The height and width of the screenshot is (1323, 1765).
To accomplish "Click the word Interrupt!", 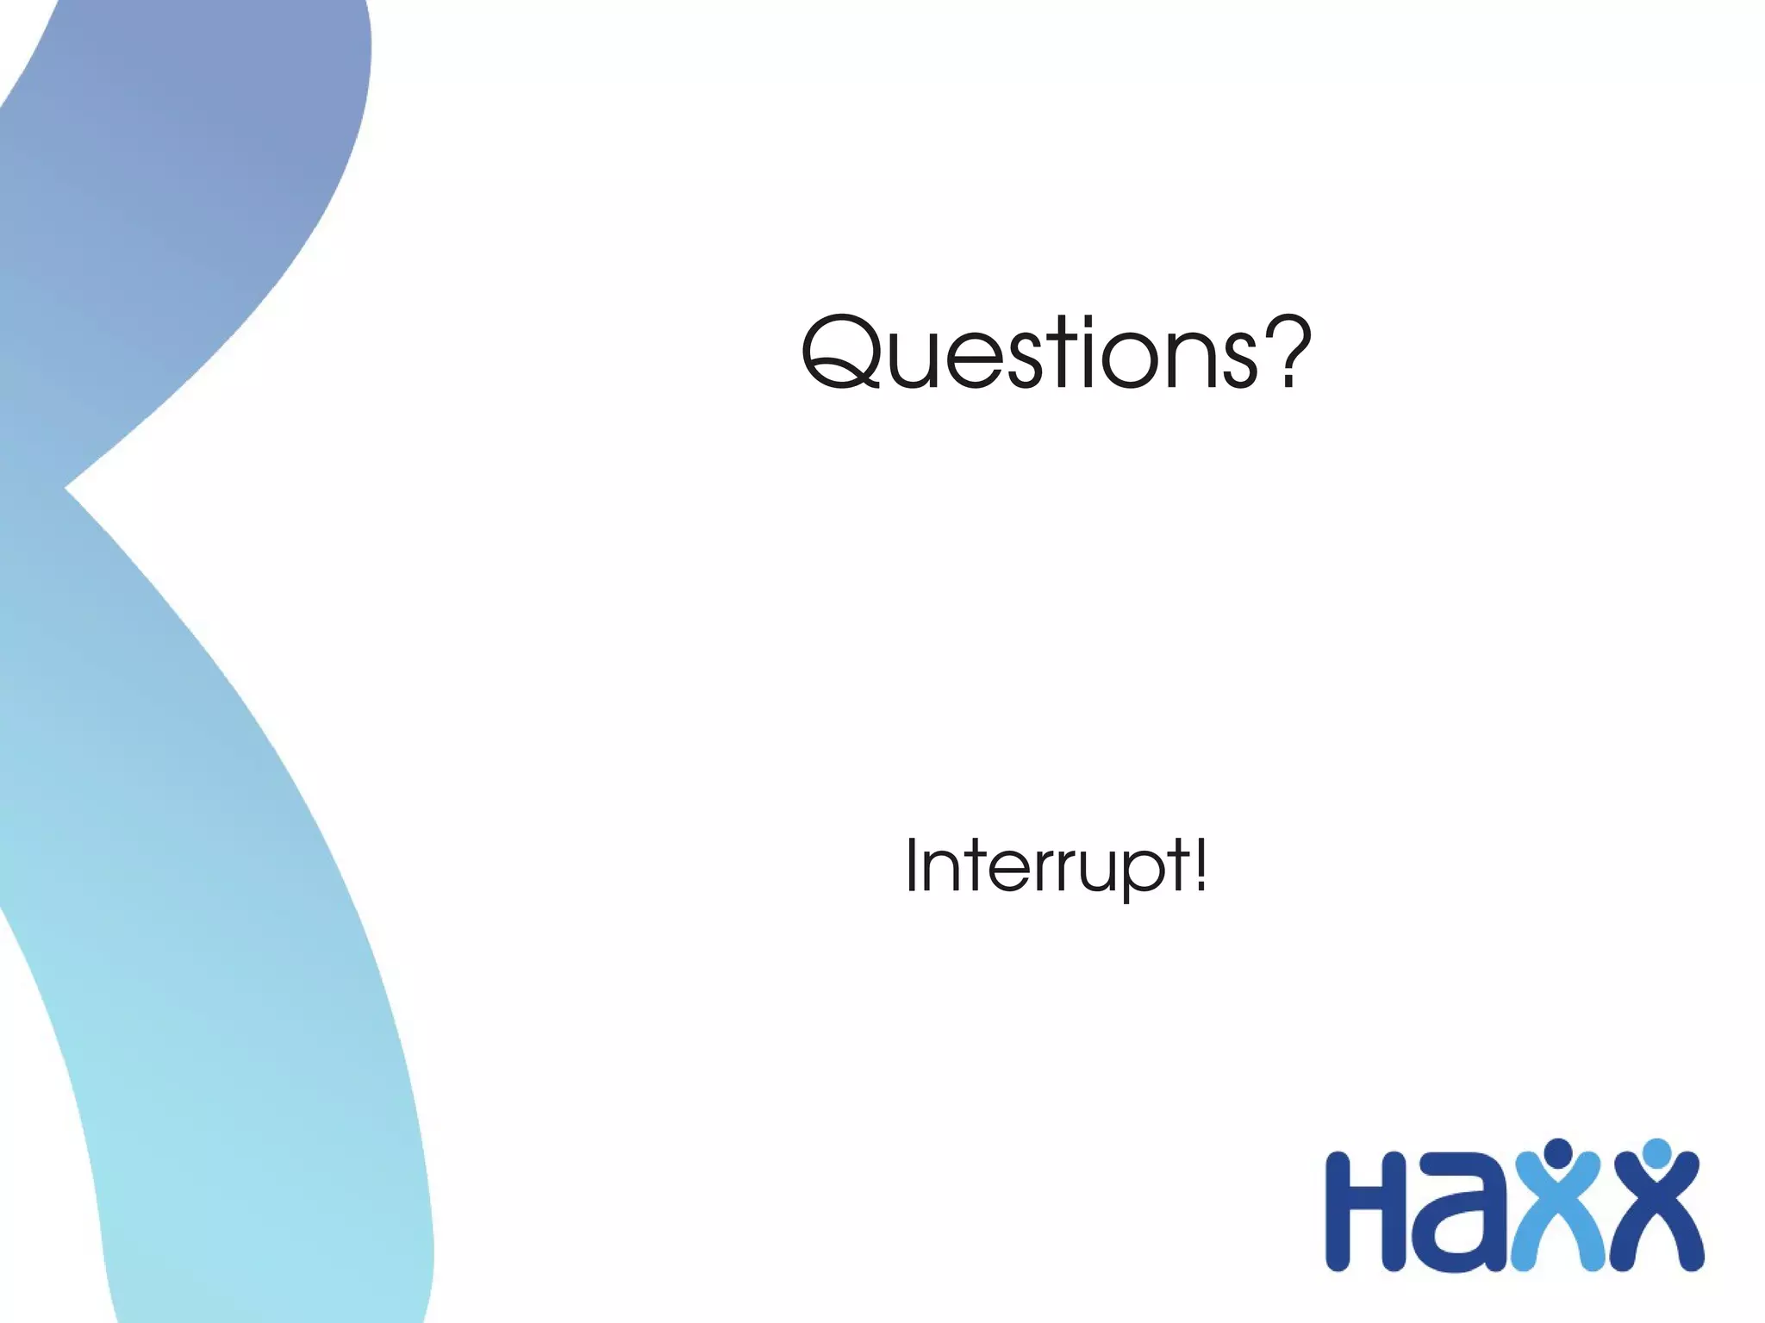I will click(x=1057, y=867).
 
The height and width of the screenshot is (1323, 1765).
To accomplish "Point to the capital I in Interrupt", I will click(x=911, y=865).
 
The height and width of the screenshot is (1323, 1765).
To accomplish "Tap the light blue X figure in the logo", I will click(x=1558, y=1224).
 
